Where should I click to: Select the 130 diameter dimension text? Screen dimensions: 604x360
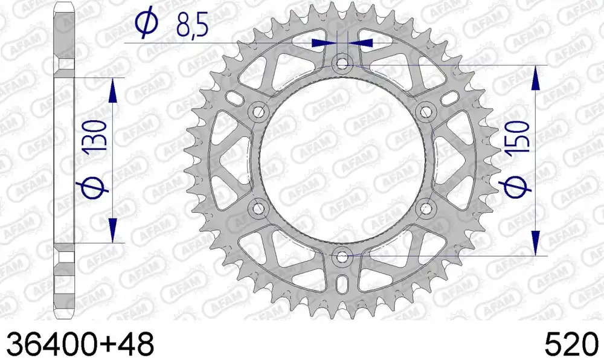pos(94,135)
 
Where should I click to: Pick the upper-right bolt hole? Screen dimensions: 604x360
pos(426,112)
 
